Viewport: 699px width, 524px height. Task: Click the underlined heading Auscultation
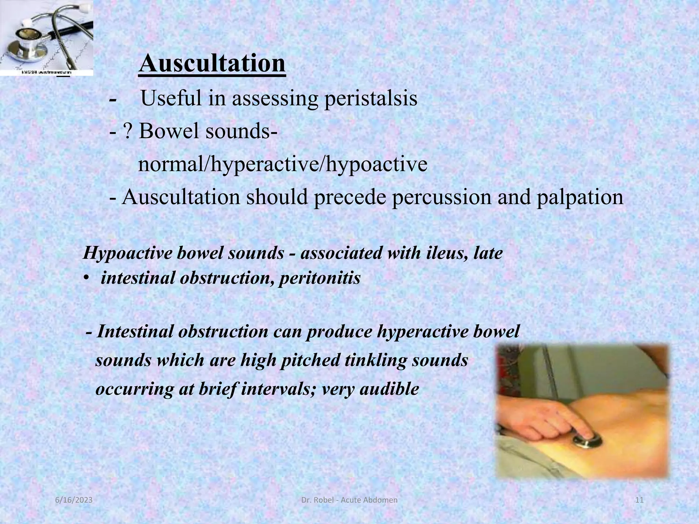(212, 63)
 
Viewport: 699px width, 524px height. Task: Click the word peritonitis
(320, 278)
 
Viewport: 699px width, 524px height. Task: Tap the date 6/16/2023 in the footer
(74, 500)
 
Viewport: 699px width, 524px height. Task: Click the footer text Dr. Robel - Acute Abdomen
(349, 500)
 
